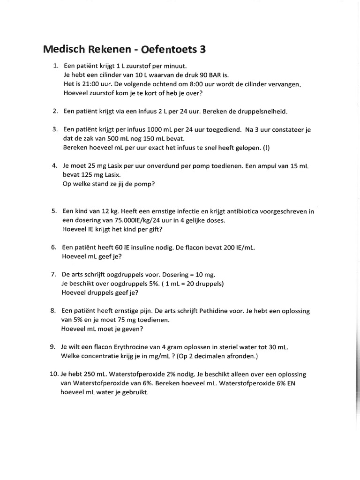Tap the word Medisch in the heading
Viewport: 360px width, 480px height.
coord(63,49)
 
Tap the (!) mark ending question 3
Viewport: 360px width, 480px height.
coord(266,148)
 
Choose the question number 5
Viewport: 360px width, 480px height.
coord(54,211)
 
